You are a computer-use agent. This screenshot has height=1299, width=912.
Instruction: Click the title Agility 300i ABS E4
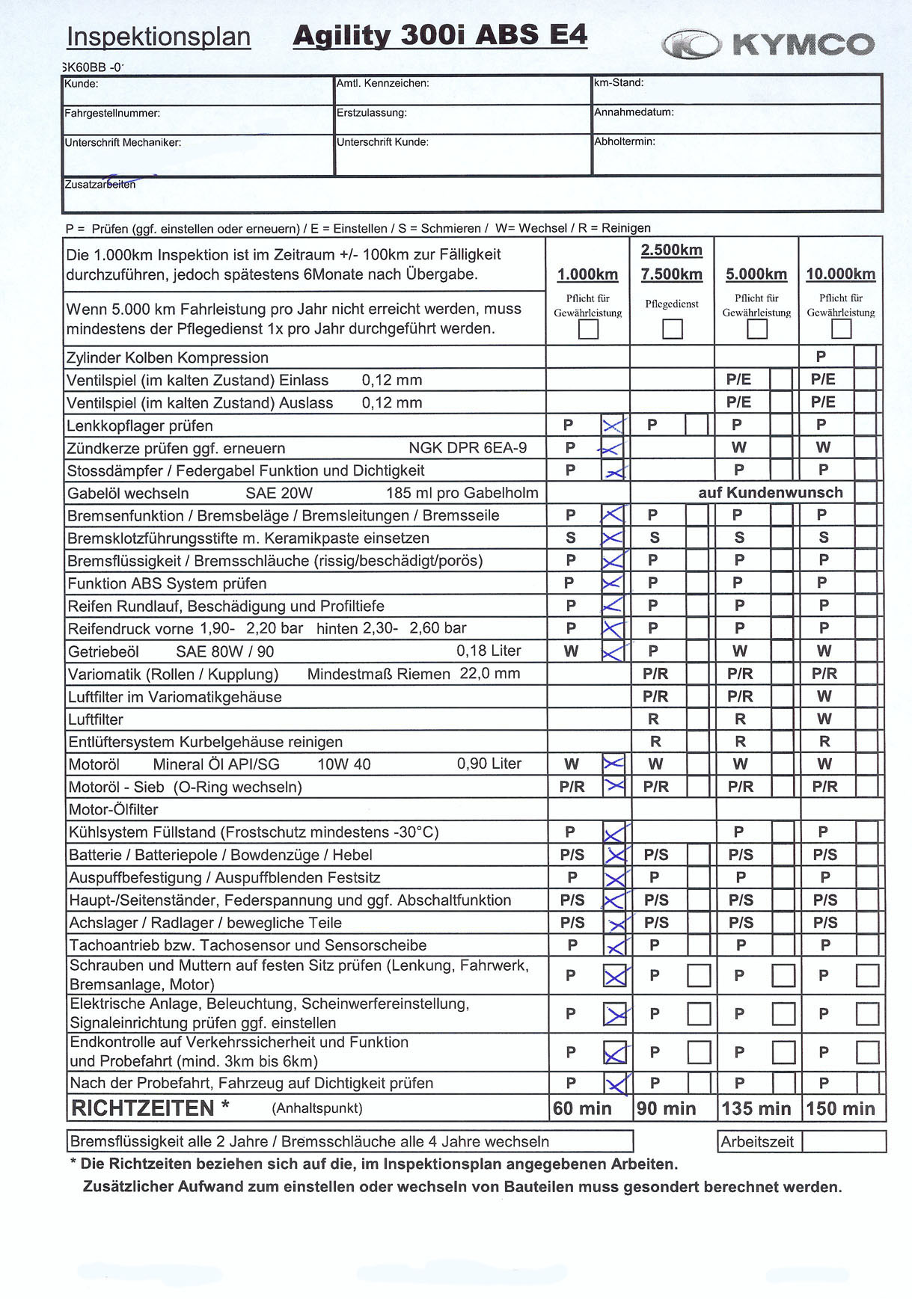440,35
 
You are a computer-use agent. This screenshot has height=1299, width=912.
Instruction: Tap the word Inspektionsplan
159,37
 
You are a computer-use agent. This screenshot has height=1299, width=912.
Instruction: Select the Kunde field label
81,84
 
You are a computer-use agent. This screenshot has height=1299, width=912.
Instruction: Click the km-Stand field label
619,83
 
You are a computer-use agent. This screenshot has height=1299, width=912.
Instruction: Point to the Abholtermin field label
625,141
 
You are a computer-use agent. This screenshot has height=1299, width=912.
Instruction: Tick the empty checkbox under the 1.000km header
588,329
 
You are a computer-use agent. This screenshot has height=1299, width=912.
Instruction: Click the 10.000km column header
840,274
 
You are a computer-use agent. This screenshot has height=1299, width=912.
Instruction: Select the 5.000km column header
756,274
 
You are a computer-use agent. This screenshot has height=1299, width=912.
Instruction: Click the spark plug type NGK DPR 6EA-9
468,448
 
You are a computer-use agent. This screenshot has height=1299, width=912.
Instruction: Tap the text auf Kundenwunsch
771,493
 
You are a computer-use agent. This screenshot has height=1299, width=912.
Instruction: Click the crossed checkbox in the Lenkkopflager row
612,426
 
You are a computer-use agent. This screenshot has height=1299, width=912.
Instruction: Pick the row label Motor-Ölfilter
113,810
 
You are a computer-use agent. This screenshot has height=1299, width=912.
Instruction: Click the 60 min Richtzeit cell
582,1108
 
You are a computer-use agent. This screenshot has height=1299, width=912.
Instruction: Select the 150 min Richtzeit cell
841,1108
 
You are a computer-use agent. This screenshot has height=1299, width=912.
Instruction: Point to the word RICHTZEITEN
143,1108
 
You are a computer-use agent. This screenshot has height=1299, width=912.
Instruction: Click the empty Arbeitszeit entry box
844,1142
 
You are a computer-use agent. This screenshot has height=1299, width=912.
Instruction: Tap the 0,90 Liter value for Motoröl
489,764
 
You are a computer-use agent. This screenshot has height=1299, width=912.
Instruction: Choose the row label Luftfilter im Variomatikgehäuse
175,697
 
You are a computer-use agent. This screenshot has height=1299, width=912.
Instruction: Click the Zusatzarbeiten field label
100,184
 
